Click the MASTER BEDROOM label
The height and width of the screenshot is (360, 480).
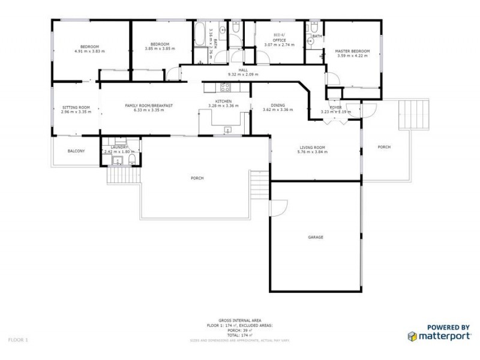(x=352, y=51)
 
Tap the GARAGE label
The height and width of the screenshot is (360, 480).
(x=316, y=237)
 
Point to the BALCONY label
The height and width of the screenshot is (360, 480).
(x=76, y=151)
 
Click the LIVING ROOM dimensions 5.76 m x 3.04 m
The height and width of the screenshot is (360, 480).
(x=312, y=152)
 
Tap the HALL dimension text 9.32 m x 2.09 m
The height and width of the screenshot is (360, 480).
(x=243, y=74)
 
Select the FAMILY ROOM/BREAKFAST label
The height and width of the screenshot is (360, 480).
(x=149, y=106)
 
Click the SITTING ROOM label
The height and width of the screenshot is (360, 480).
(x=76, y=107)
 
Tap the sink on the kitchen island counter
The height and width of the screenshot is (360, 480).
(x=228, y=130)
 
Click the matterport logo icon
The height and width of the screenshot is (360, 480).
(x=412, y=335)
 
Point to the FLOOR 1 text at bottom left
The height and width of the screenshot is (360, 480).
(x=18, y=340)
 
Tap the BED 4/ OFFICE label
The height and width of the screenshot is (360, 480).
(x=280, y=38)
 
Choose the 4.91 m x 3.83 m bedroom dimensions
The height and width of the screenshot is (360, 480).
(x=89, y=51)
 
